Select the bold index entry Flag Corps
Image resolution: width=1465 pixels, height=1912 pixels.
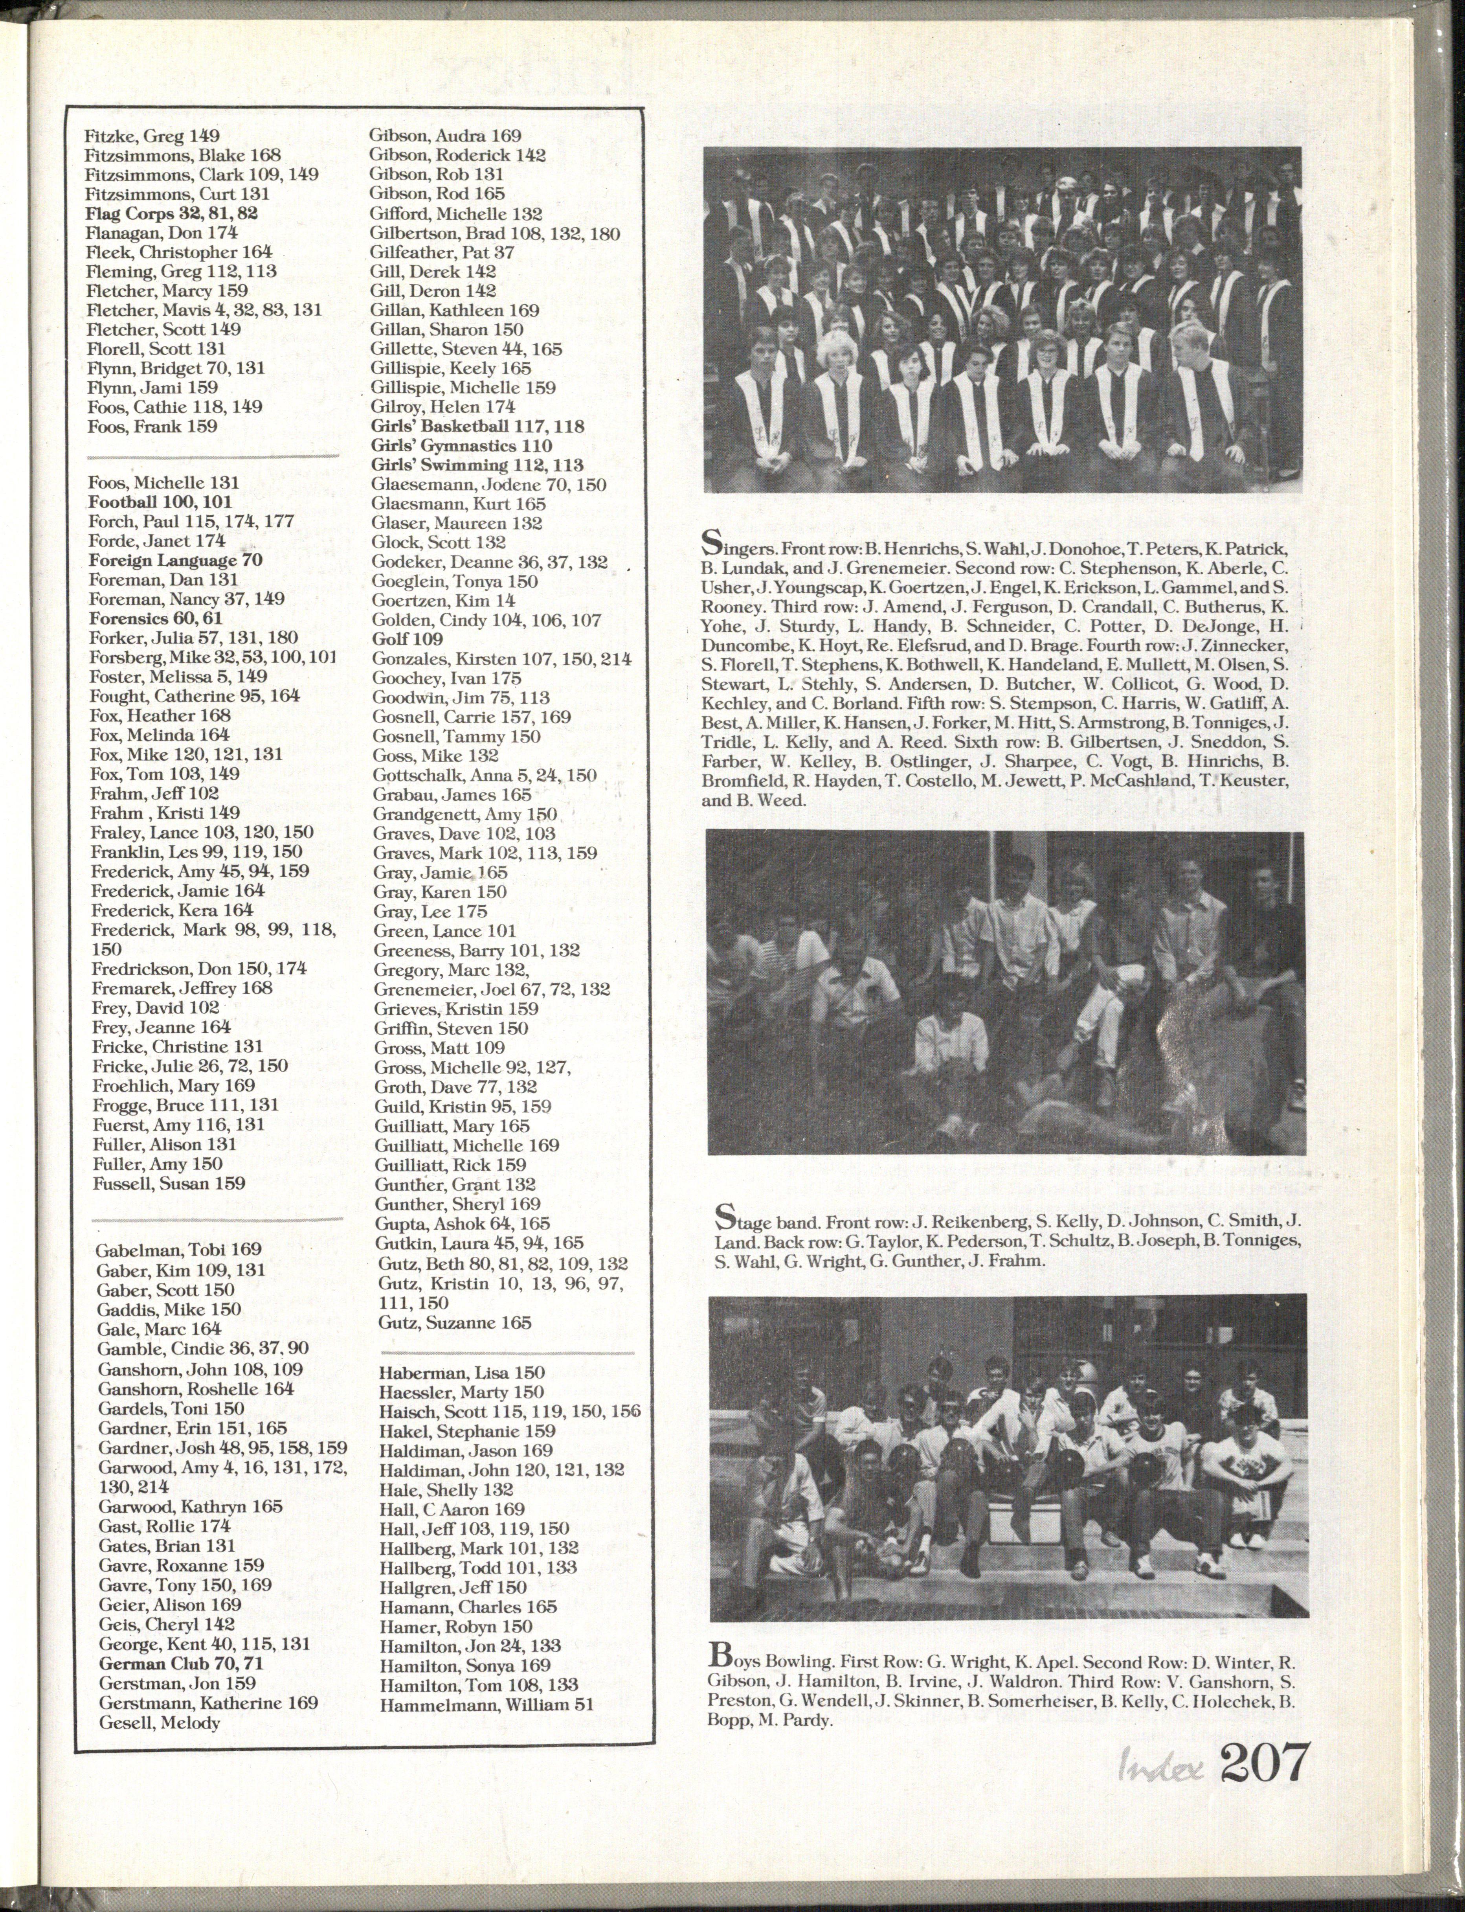click(x=171, y=213)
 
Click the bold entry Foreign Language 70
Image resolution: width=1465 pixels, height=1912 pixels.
click(x=175, y=560)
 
